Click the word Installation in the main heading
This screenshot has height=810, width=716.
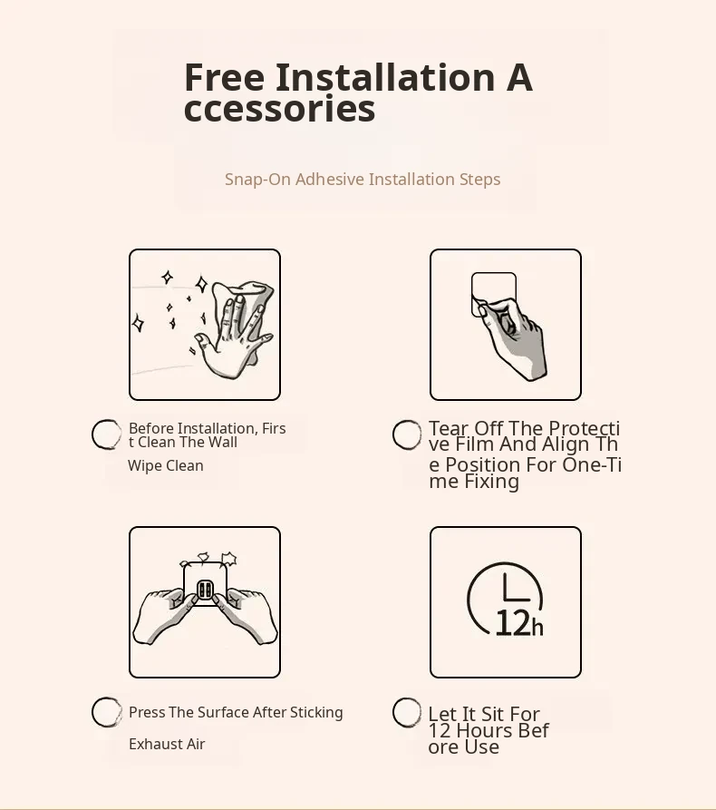point(385,77)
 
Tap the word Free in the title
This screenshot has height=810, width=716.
point(224,77)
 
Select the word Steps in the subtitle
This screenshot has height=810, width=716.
point(479,180)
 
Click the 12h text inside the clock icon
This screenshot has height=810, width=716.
point(518,623)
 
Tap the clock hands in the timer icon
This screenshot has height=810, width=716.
point(513,590)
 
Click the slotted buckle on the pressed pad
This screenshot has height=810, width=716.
point(205,590)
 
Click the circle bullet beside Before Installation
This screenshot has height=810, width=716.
point(106,434)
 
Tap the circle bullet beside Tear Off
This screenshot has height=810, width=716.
point(407,434)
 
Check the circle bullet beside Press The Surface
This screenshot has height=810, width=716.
point(106,712)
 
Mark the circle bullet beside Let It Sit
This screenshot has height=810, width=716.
point(407,712)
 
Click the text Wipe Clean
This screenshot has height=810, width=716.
point(165,466)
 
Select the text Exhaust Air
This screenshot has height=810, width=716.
point(167,744)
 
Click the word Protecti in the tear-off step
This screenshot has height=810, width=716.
point(584,428)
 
